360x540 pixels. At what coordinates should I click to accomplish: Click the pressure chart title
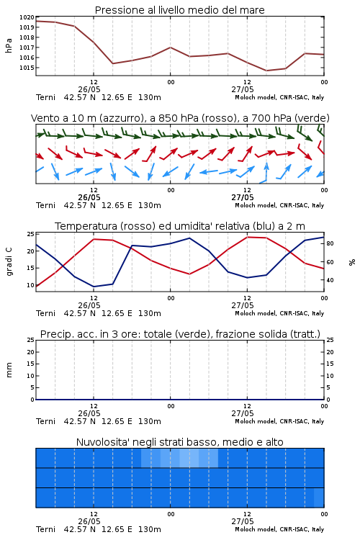[179, 10]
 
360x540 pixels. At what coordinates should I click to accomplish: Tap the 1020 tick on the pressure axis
[27, 17]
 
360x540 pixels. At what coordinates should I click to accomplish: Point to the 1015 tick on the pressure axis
[27, 68]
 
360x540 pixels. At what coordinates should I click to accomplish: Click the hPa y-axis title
[9, 45]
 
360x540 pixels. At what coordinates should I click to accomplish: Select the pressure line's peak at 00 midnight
[170, 48]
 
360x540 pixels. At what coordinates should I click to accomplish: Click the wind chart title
[180, 118]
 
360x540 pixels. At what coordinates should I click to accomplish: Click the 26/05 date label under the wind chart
[89, 197]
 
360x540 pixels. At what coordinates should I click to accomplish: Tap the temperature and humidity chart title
[180, 226]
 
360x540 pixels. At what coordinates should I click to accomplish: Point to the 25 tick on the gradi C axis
[30, 234]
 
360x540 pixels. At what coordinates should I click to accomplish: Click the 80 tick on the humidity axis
[330, 243]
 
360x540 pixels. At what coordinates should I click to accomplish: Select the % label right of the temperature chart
[352, 262]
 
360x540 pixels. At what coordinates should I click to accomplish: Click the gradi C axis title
[9, 262]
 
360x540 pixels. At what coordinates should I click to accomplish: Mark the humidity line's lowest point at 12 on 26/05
[94, 287]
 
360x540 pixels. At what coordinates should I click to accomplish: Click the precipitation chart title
[180, 334]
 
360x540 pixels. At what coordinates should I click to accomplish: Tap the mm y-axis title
[9, 370]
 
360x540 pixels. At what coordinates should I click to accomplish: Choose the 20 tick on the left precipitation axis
[30, 352]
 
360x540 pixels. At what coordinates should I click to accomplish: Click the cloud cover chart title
[179, 442]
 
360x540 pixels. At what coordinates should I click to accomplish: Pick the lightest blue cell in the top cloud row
[189, 458]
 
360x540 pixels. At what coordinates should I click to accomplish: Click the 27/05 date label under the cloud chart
[242, 521]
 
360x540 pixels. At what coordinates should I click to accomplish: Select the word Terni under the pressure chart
[45, 97]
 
